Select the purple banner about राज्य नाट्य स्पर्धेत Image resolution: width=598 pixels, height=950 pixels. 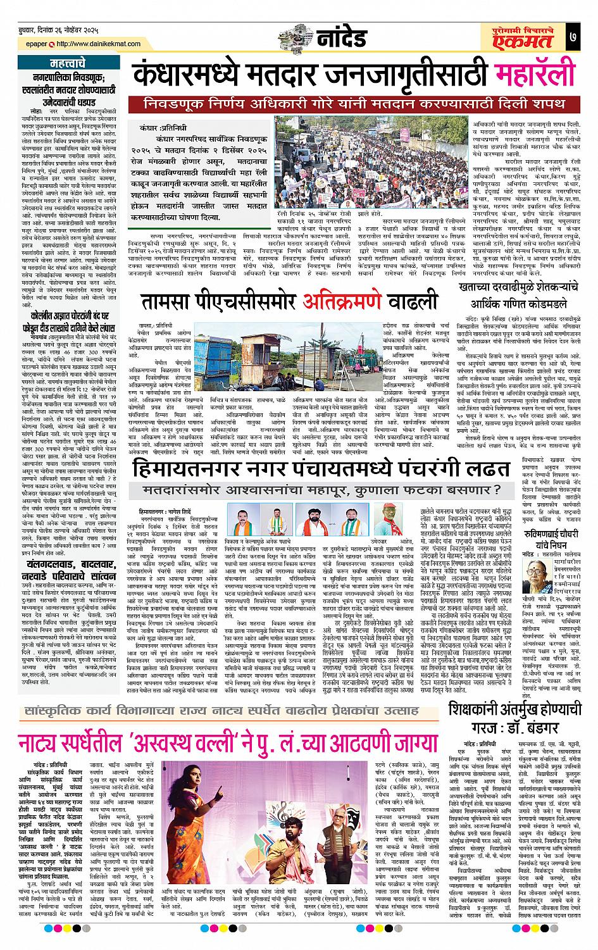coord(221,710)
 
